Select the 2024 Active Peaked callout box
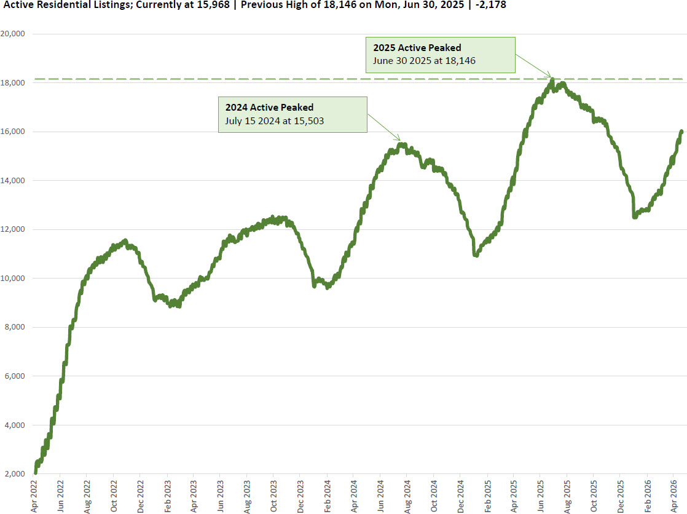pyautogui.click(x=292, y=114)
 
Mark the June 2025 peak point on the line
pyautogui.click(x=552, y=80)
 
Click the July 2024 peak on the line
pyautogui.click(x=401, y=144)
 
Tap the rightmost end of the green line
pyautogui.click(x=681, y=131)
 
